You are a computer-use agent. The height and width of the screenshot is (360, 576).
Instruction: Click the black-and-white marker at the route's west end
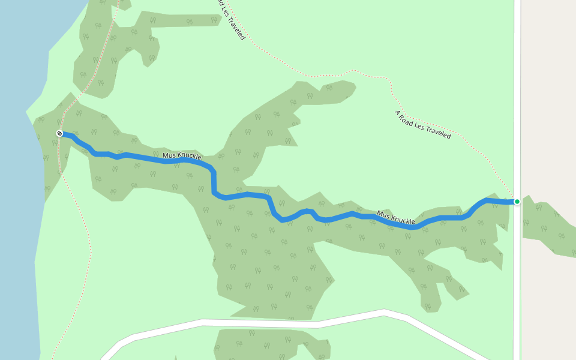pos(59,133)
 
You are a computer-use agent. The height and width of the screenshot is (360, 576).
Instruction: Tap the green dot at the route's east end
pos(517,202)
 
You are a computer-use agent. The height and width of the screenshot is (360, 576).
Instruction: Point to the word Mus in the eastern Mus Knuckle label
pos(384,214)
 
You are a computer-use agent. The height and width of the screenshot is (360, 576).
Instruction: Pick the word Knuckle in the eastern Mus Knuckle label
pos(404,220)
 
